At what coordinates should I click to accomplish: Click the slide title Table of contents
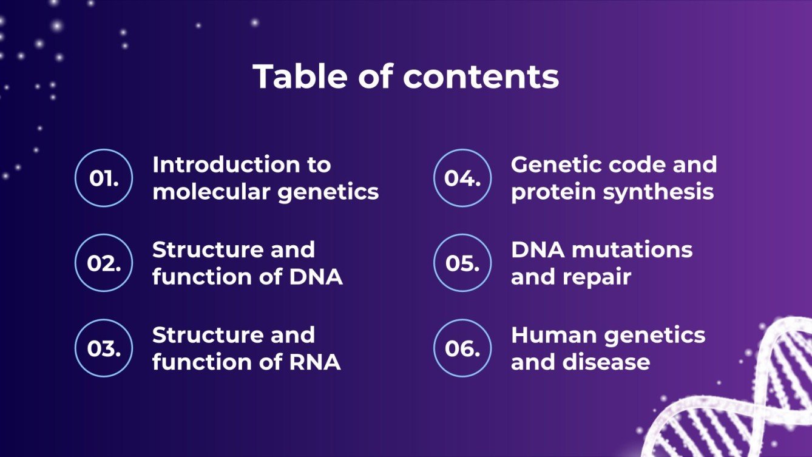pyautogui.click(x=405, y=76)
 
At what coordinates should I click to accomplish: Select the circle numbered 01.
pyautogui.click(x=104, y=178)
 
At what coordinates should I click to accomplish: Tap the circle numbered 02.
pyautogui.click(x=104, y=263)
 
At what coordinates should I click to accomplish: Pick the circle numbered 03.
pyautogui.click(x=104, y=348)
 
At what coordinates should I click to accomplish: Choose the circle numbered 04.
pyautogui.click(x=462, y=178)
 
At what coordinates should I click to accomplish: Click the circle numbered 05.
pyautogui.click(x=462, y=263)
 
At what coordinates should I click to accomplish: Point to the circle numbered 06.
pyautogui.click(x=462, y=348)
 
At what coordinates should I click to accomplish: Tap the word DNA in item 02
pyautogui.click(x=316, y=277)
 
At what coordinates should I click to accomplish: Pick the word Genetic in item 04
pyautogui.click(x=557, y=164)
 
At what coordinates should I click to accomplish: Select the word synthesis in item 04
pyautogui.click(x=662, y=192)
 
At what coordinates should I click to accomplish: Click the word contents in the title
pyautogui.click(x=481, y=76)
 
